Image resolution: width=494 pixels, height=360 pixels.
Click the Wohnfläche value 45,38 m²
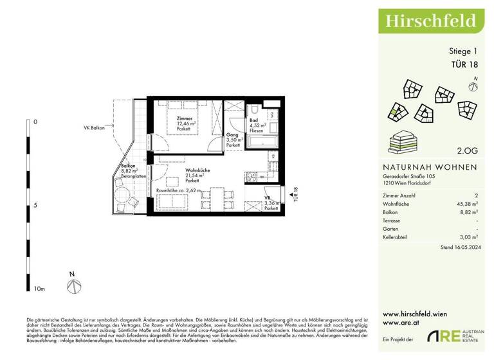466,203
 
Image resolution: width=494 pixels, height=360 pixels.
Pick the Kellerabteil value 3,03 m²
468,237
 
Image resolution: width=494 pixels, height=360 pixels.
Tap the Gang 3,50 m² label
233,140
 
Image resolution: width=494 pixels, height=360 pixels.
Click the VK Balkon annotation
94,127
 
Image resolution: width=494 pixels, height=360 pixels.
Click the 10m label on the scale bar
39,289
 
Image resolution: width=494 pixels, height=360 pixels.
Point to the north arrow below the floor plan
73,283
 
